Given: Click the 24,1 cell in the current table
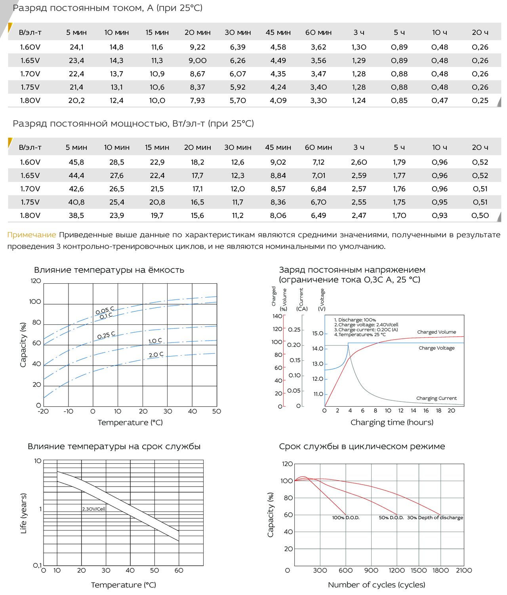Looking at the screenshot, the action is click(76, 47).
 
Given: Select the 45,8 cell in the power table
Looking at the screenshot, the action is click(76, 162).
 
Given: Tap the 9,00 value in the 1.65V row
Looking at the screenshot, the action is click(197, 61).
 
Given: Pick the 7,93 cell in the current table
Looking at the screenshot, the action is click(197, 100).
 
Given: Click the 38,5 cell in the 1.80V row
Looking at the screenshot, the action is click(76, 215).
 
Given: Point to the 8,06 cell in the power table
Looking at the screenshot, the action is click(278, 215).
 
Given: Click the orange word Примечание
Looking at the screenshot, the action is click(32, 235).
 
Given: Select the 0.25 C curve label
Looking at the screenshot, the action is click(106, 335).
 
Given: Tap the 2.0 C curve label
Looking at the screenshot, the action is click(156, 354).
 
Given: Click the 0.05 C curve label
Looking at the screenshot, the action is click(105, 310).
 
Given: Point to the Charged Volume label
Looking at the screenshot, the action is click(436, 332).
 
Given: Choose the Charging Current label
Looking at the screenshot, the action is click(436, 398).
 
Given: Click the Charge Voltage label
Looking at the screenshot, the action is click(436, 348).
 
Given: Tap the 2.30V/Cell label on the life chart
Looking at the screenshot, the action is click(94, 509).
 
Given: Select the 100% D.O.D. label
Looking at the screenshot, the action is click(345, 517).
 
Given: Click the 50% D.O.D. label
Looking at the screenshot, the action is click(391, 517).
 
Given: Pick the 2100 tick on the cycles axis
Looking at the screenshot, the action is click(464, 570).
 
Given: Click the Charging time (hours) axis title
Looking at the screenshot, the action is click(392, 422).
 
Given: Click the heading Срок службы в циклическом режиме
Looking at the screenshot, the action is click(362, 447).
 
